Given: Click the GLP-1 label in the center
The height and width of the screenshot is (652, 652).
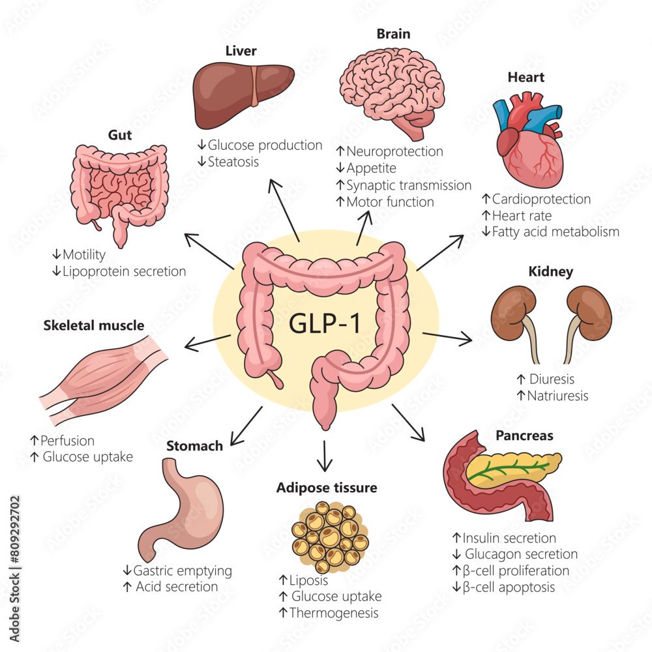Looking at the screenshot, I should click(x=325, y=323).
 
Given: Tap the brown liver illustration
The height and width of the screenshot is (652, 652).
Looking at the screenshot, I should click(x=242, y=95).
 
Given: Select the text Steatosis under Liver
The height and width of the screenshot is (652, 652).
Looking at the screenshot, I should click(x=233, y=161).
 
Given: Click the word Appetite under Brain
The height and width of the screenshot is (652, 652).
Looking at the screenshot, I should click(x=372, y=168).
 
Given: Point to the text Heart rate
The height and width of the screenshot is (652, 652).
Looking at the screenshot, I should click(x=522, y=215).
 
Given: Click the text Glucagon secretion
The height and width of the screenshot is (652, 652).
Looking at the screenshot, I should click(x=521, y=554).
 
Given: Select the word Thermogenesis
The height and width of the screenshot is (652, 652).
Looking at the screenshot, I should click(x=334, y=613).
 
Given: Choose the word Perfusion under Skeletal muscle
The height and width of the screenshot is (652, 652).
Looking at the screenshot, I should click(x=67, y=441).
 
